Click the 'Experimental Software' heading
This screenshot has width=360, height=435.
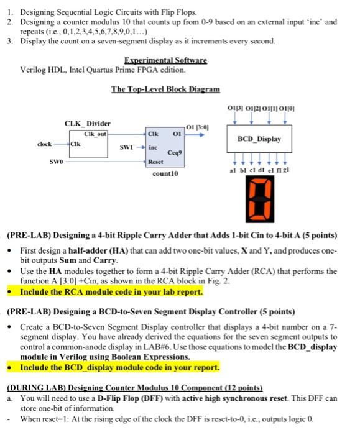point(165,60)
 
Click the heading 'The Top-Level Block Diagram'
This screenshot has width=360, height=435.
point(166,89)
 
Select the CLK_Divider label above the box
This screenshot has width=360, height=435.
point(88,124)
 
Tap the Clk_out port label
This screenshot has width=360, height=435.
point(95,134)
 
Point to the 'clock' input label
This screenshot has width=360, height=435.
point(44,144)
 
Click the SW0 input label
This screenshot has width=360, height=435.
point(57,162)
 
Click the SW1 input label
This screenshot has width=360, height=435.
point(127,147)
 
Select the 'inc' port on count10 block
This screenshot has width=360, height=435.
point(153,147)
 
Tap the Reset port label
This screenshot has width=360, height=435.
point(155,162)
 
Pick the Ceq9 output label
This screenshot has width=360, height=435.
point(175,153)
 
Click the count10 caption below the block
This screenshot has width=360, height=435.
point(165,173)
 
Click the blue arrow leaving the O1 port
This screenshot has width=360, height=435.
point(195,135)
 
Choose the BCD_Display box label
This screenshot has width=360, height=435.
point(259,139)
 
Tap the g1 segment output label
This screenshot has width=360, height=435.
point(286,170)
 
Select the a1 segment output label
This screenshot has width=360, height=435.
point(233,170)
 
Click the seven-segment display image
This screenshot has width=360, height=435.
point(260,199)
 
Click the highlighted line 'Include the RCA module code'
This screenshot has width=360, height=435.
point(111,292)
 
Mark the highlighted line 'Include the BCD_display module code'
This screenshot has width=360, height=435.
point(119,367)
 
